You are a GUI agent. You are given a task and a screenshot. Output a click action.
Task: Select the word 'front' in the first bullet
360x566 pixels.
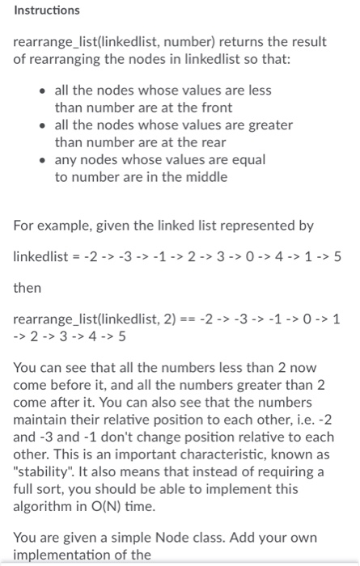(214, 107)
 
